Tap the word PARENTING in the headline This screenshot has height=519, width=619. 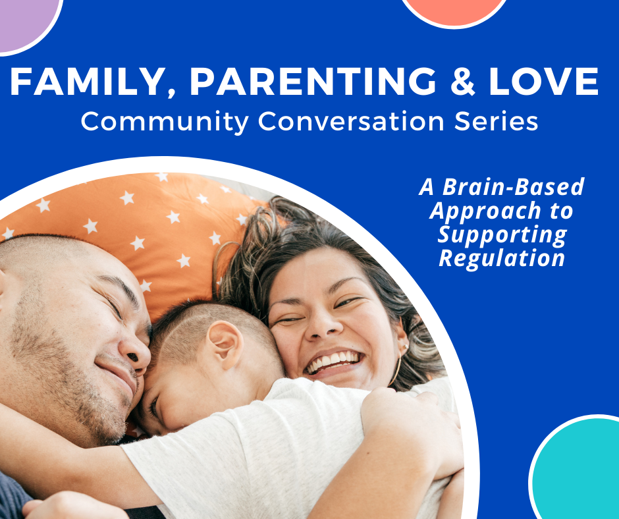coord(313,81)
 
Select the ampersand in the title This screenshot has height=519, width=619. coord(462,81)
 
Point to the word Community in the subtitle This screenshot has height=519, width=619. coord(165,122)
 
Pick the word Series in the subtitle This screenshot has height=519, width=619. coord(497,121)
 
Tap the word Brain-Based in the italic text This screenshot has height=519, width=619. coord(513,186)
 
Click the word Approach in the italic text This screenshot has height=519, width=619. coord(485,211)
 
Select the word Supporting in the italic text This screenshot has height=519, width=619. coord(502,234)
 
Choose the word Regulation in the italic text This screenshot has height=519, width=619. coord(502,258)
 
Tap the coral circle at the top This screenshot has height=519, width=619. coord(454,12)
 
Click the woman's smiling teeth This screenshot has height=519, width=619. coord(334,361)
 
